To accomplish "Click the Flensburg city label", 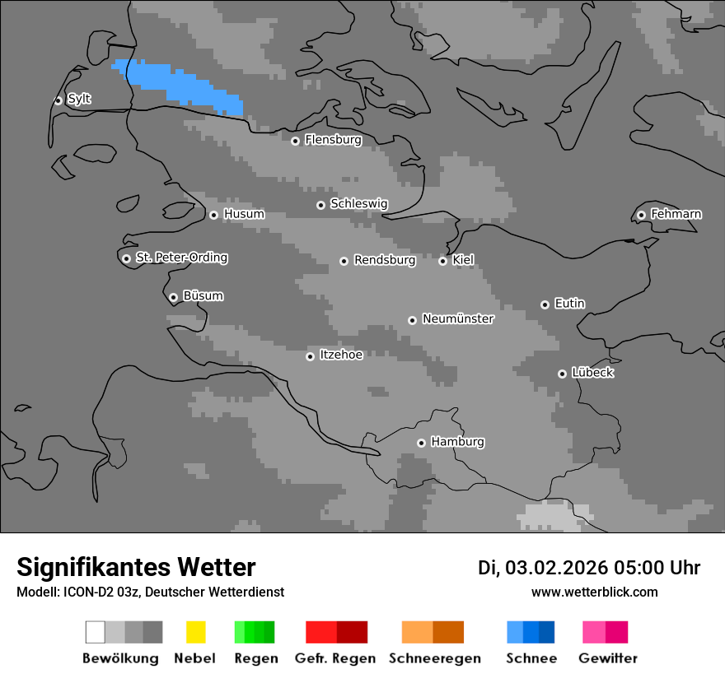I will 333,140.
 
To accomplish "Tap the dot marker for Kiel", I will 442,261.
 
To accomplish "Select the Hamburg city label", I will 457,442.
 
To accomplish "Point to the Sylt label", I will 79,99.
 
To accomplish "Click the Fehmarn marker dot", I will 641,215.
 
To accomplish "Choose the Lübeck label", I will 592,373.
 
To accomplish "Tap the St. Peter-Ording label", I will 181,258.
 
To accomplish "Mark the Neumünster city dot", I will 412,320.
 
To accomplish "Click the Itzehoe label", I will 341,355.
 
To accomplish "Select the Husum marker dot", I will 213,215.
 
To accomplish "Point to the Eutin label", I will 569,304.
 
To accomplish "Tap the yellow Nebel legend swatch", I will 195,632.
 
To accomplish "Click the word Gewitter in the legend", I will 607,658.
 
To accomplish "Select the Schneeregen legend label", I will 435,658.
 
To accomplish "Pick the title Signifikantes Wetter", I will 136,567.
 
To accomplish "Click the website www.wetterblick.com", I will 594,592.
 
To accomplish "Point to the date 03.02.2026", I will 556,568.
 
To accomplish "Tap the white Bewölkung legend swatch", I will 95,632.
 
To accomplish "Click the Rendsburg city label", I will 385,260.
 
